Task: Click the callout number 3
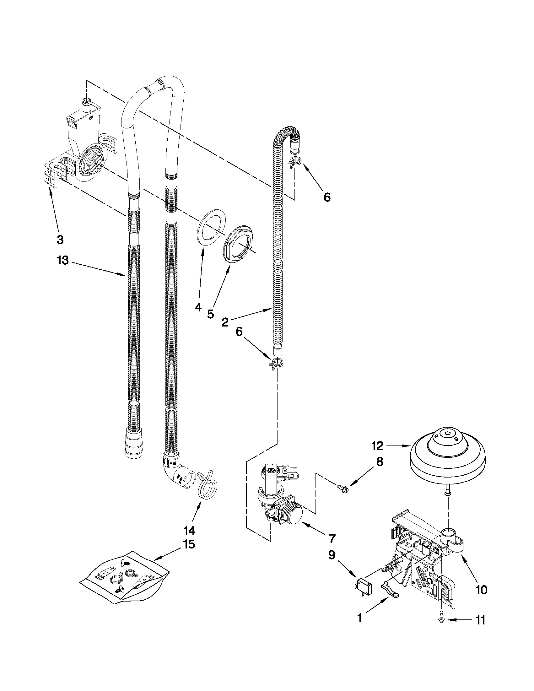pyautogui.click(x=60, y=240)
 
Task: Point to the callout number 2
pyautogui.click(x=225, y=322)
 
